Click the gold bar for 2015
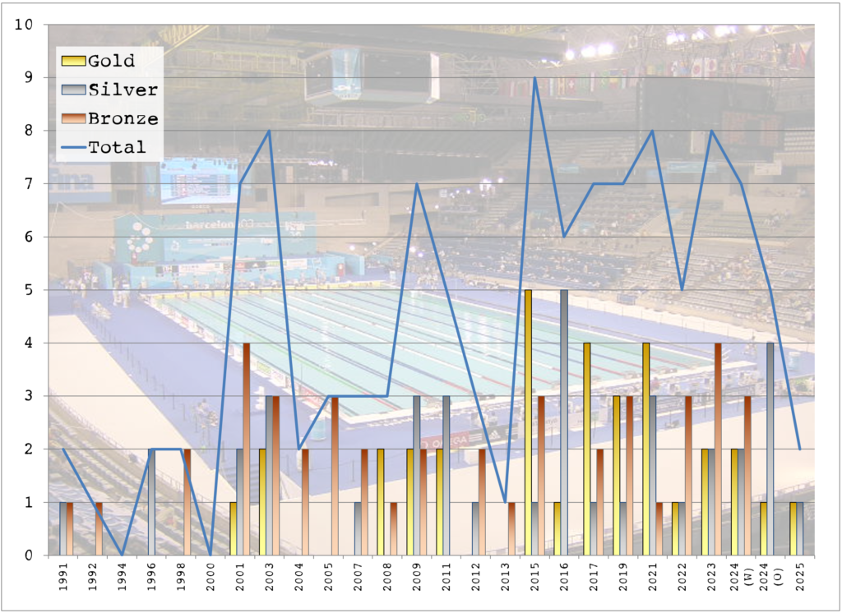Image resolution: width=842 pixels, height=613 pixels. tap(527, 422)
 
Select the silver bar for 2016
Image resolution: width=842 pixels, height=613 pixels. tap(565, 422)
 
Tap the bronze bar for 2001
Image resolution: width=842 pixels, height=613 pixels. tap(247, 449)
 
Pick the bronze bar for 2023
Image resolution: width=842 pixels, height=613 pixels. tap(718, 449)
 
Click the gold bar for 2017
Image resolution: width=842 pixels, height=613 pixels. tap(586, 449)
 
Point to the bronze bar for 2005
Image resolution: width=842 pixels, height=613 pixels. tap(335, 476)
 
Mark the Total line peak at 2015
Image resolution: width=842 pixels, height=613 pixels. tap(535, 78)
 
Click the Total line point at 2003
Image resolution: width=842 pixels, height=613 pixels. tap(269, 131)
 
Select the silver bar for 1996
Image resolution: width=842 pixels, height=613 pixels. tap(151, 502)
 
